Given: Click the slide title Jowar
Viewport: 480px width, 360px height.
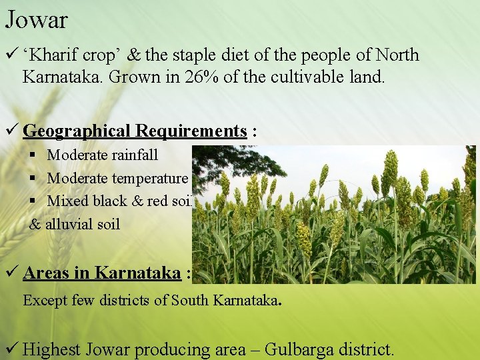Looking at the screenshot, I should [x=36, y=20].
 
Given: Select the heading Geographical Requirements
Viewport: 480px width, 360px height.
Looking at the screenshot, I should [x=135, y=131].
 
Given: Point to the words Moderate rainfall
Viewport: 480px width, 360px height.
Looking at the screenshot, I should [x=102, y=155].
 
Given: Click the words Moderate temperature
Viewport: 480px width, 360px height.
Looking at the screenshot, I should [x=117, y=178].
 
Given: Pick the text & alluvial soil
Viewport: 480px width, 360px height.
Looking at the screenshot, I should [x=75, y=224].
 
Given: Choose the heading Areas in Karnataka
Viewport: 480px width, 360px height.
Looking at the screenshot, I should [x=101, y=273].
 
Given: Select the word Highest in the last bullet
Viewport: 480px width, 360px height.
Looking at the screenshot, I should [x=52, y=349].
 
